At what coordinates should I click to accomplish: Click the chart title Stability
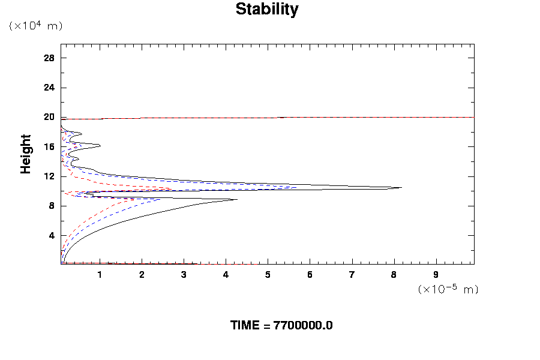click(x=266, y=10)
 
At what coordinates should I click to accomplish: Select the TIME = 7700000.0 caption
click(x=281, y=325)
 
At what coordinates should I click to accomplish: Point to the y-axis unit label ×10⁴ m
click(x=35, y=26)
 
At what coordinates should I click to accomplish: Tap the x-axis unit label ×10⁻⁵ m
click(x=448, y=289)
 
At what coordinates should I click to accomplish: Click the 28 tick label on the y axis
click(x=49, y=58)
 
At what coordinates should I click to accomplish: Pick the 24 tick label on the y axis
click(x=49, y=88)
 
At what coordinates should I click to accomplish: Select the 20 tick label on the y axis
click(x=49, y=117)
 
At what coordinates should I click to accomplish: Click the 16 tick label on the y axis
click(x=49, y=146)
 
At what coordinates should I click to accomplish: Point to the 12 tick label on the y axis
click(x=49, y=176)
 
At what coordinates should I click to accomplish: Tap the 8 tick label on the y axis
click(x=52, y=206)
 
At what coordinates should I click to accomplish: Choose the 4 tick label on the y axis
click(x=52, y=235)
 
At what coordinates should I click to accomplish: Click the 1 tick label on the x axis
click(x=100, y=275)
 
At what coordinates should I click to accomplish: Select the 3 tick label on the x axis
click(x=184, y=275)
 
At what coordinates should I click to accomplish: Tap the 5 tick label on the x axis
click(x=268, y=275)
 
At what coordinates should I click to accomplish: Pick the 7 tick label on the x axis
click(x=352, y=275)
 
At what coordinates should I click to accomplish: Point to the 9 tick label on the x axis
click(x=436, y=275)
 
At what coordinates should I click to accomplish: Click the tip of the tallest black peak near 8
click(x=401, y=188)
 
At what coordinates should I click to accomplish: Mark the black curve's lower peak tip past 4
click(x=238, y=199)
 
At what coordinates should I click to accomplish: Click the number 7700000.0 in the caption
click(x=303, y=325)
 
